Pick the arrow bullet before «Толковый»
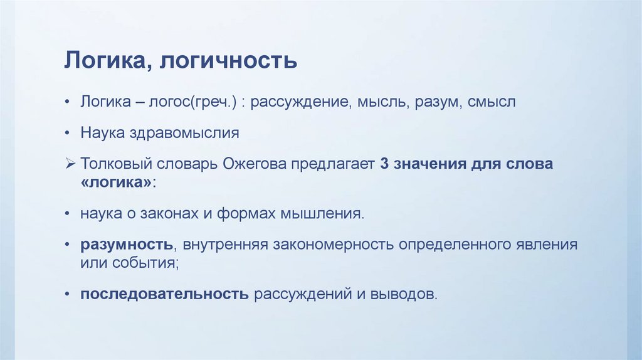point(70,164)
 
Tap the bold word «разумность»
point(126,244)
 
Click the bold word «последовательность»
point(164,294)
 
